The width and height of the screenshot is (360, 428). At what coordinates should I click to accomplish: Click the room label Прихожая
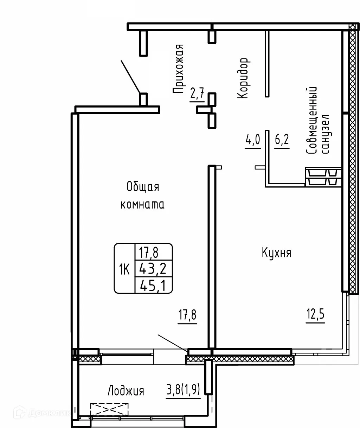coord(179,69)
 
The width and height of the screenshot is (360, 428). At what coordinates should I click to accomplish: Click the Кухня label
coord(276,253)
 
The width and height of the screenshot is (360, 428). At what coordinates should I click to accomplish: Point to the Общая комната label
coord(142,196)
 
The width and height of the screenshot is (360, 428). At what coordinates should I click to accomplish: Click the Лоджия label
coord(126,391)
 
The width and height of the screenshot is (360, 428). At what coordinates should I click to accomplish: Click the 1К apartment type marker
coord(124,270)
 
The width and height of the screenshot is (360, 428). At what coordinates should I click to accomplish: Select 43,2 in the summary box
coord(154,269)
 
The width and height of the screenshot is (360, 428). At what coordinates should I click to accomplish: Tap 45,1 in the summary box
coord(154,285)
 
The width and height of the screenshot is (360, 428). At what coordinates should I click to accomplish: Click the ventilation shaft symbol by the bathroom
coord(323,177)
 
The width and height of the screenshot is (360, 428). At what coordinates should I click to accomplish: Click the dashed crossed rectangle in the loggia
coord(109,409)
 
